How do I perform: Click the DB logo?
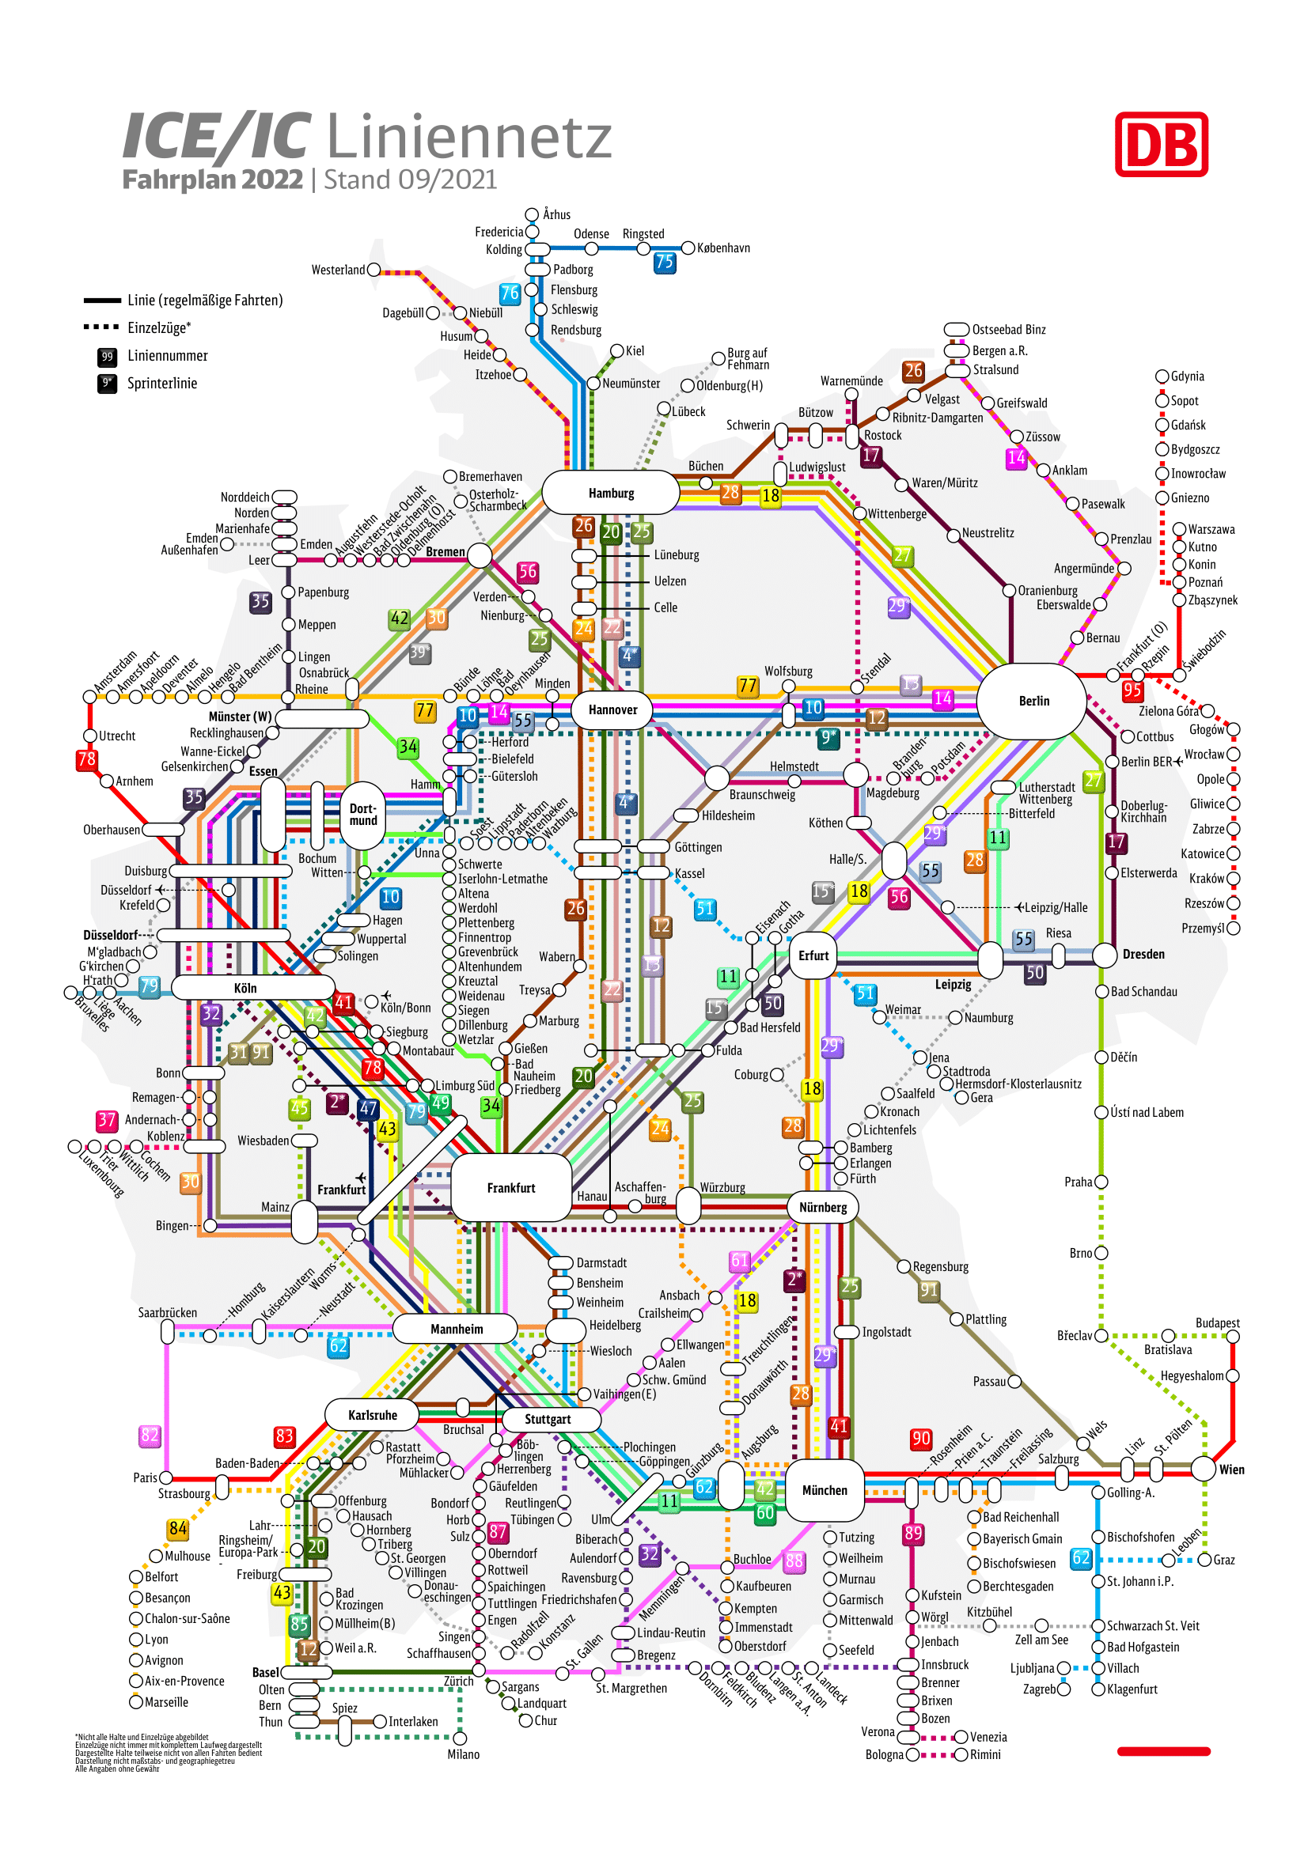(x=1161, y=144)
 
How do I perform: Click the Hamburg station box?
(x=610, y=492)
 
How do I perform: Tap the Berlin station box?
(x=1033, y=700)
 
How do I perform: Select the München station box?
(x=824, y=1490)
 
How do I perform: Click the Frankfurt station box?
(x=511, y=1187)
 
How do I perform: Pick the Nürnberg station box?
(x=823, y=1207)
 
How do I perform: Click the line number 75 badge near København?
(x=664, y=262)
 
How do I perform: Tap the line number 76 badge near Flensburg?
(x=510, y=293)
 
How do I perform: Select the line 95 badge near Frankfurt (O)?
(x=1132, y=690)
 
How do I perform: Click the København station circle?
(x=688, y=248)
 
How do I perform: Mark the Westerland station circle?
(x=374, y=270)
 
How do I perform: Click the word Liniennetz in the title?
(x=469, y=137)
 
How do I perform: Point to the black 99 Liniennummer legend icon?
(x=107, y=356)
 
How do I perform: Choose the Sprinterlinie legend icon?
(x=107, y=384)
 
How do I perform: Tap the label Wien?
(x=1230, y=1470)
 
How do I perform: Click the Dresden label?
(x=1143, y=954)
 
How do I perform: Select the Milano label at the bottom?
(x=463, y=1754)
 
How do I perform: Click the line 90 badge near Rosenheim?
(x=920, y=1439)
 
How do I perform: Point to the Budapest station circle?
(x=1232, y=1337)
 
